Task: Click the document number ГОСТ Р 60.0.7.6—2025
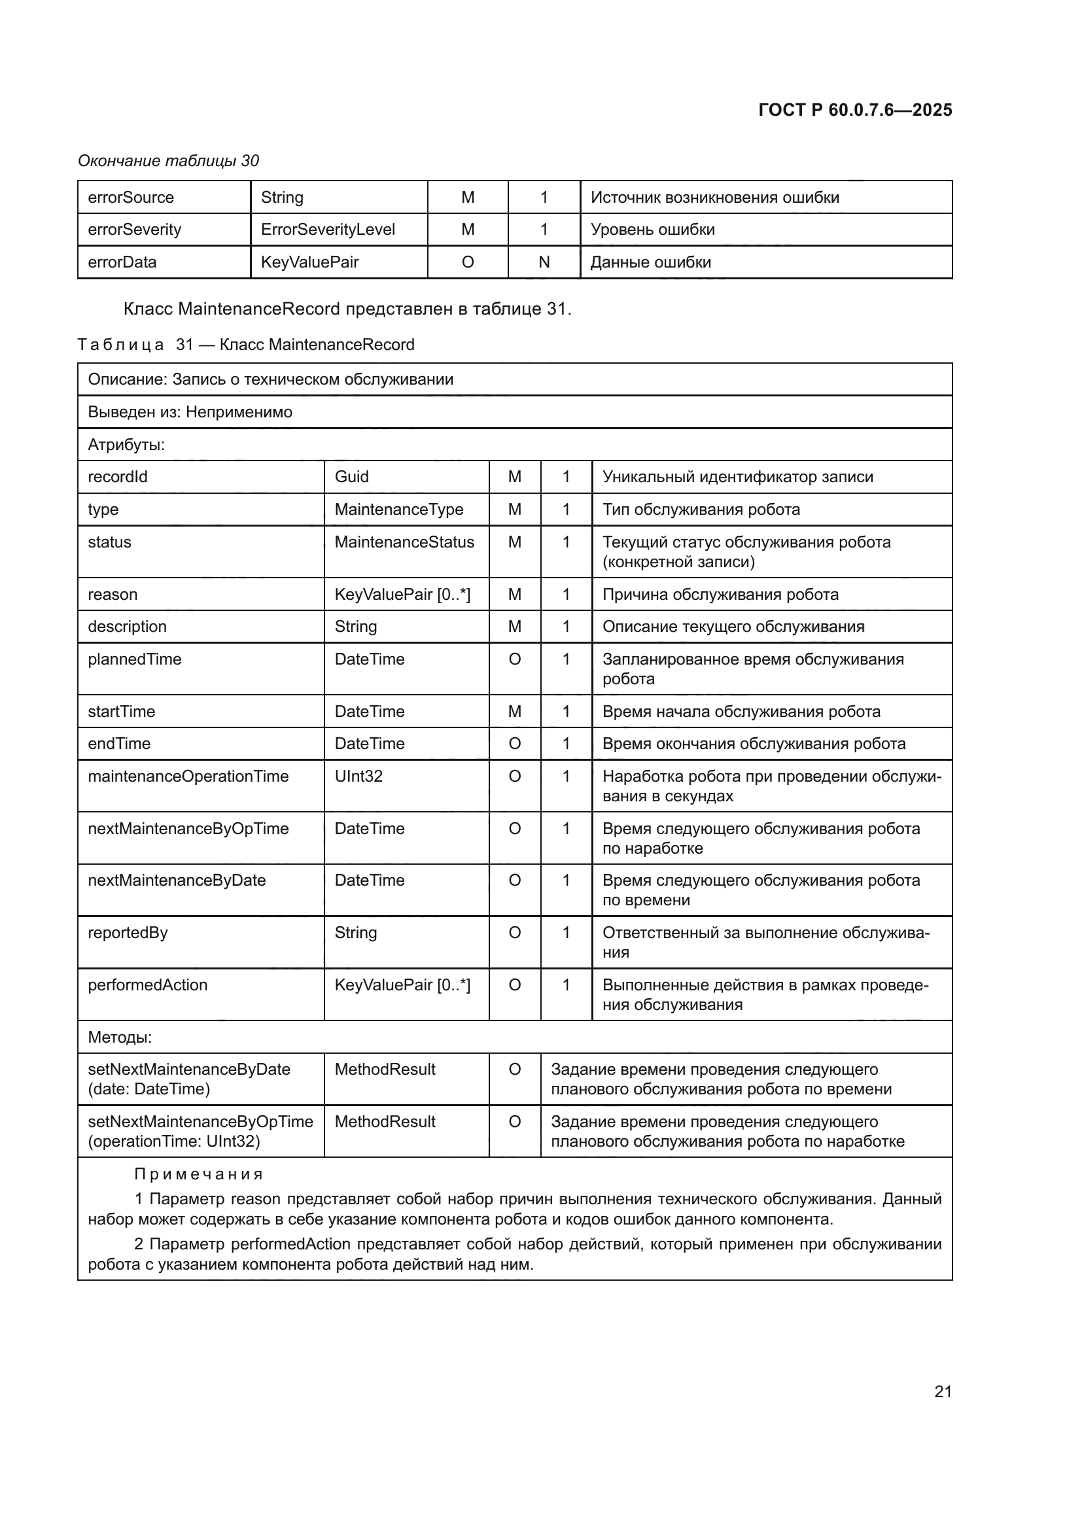click(855, 110)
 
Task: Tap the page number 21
click(943, 1391)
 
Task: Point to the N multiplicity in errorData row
click(544, 262)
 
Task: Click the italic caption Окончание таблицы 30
click(169, 161)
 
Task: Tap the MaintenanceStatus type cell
click(404, 542)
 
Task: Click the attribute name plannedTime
click(135, 659)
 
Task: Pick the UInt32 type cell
click(358, 776)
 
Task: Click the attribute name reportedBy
click(128, 932)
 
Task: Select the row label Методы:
click(120, 1037)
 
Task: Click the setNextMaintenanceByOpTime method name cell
click(200, 1131)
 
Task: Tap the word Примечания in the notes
click(199, 1174)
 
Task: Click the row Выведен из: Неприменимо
click(190, 412)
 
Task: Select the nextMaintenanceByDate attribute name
click(177, 880)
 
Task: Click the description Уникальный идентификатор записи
click(737, 476)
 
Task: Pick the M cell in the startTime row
click(514, 711)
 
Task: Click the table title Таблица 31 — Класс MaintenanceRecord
click(246, 345)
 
